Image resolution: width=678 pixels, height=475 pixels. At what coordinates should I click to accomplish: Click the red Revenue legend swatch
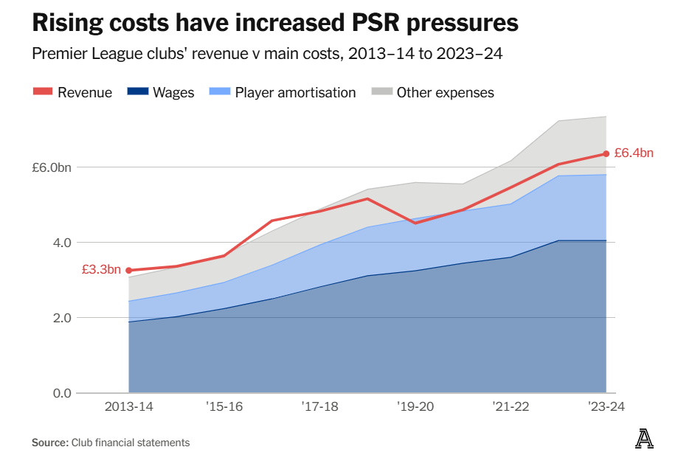43,92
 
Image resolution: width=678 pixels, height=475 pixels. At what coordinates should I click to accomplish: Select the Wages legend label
173,92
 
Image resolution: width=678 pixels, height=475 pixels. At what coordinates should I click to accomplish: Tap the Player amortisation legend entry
295,92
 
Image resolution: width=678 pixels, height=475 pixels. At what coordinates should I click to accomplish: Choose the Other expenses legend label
445,92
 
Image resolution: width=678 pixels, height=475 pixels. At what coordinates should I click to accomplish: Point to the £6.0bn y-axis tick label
51,167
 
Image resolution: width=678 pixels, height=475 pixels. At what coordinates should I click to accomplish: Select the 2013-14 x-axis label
129,406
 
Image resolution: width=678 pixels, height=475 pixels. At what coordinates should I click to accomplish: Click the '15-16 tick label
224,406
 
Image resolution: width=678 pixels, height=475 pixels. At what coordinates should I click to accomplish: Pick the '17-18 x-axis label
320,406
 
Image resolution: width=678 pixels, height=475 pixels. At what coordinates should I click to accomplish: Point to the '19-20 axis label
415,406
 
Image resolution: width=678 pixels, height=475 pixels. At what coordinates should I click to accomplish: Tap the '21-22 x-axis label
511,406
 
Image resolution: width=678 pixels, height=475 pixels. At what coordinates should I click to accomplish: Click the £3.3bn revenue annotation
101,270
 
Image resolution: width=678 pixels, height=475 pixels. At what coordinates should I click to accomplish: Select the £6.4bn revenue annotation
634,153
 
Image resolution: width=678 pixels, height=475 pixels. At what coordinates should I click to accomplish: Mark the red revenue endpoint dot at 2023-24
606,153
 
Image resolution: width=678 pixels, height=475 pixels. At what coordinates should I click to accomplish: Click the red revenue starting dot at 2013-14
129,271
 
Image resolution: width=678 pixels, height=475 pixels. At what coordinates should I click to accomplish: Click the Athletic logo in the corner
645,439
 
